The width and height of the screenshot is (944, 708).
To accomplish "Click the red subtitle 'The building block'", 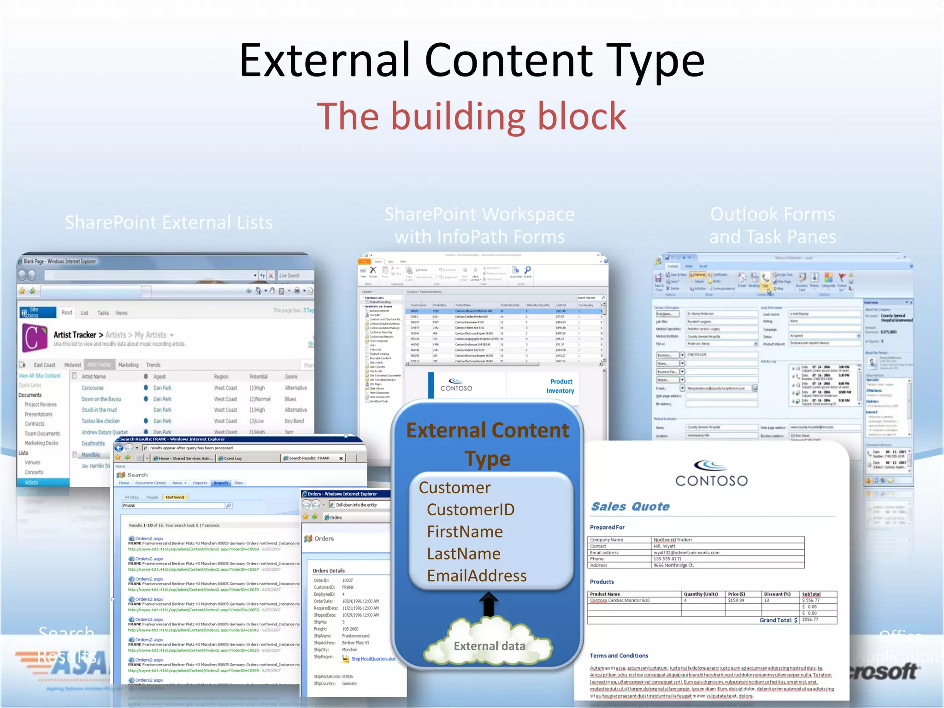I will tap(472, 117).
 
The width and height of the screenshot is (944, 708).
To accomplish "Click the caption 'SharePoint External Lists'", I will tap(169, 223).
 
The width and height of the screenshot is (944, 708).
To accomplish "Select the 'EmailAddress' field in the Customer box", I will tap(477, 576).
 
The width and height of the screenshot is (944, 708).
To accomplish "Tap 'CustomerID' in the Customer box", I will tap(470, 509).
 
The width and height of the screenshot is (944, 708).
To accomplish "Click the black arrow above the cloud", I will tap(489, 604).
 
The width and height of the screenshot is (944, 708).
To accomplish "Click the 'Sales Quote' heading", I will tap(630, 507).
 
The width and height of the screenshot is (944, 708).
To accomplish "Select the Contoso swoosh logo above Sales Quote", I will tap(711, 465).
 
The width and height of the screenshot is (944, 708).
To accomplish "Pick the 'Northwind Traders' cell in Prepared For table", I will tap(673, 539).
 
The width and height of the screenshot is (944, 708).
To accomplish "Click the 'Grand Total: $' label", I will tap(778, 620).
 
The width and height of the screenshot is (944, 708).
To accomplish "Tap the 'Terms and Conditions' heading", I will tap(619, 655).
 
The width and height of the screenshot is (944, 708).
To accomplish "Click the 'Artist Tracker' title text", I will tap(75, 335).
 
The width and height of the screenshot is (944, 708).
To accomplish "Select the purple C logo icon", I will tap(35, 338).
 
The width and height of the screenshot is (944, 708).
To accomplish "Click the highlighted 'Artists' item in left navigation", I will tap(31, 483).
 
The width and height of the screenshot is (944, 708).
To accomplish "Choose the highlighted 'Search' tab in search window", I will tap(220, 483).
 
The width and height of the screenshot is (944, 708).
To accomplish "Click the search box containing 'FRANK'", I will tap(173, 506).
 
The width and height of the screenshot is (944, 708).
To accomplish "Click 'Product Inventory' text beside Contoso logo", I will tap(560, 386).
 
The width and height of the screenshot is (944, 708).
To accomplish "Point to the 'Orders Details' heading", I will tap(329, 571).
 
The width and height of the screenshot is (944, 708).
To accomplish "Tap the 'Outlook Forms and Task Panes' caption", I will tap(773, 225).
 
